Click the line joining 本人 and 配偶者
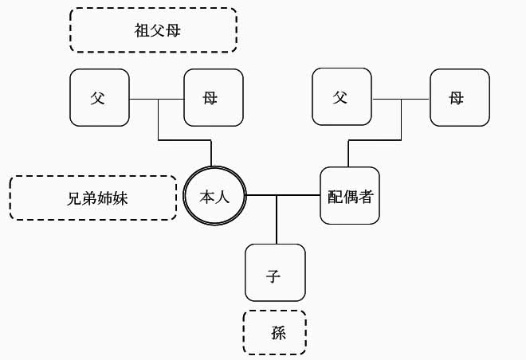click(283, 195)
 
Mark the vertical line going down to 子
click(277, 220)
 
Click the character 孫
click(278, 333)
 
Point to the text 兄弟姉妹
click(97, 198)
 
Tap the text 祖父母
click(157, 30)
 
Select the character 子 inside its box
click(273, 276)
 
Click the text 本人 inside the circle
click(214, 197)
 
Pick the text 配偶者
click(350, 197)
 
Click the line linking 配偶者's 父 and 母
click(401, 100)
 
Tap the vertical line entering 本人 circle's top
click(211, 153)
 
